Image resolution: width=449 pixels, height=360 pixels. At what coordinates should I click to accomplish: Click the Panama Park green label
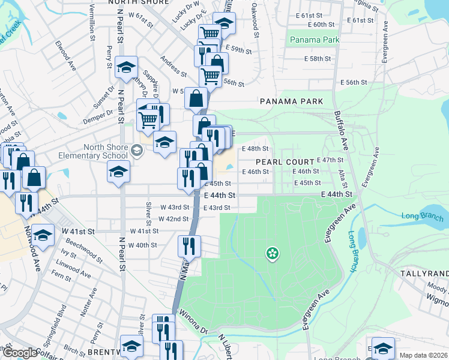(x=314, y=40)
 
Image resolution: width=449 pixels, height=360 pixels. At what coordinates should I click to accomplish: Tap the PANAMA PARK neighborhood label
(x=292, y=101)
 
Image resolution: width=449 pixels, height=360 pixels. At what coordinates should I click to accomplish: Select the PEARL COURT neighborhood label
(x=285, y=162)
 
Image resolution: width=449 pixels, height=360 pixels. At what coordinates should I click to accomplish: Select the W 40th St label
(x=142, y=245)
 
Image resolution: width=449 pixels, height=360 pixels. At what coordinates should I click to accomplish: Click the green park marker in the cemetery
(x=272, y=254)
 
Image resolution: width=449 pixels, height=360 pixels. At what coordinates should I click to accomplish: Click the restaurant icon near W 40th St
(x=189, y=246)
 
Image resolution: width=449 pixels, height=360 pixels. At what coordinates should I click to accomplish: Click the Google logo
(x=20, y=353)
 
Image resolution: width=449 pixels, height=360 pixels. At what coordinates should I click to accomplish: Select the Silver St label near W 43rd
(x=148, y=210)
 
